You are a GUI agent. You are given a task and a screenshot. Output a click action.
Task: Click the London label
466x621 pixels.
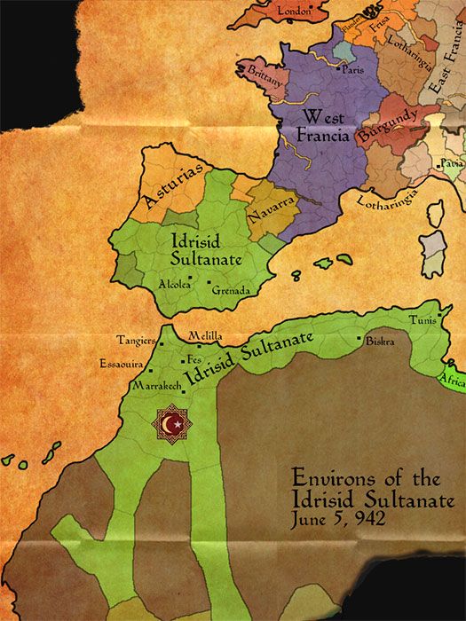[x=295, y=12]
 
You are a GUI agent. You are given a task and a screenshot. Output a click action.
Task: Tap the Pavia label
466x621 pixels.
[x=453, y=164]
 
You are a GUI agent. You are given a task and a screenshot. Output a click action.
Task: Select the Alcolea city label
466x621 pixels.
[x=172, y=285]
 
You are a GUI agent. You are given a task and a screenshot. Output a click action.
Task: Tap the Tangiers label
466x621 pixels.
[x=135, y=340]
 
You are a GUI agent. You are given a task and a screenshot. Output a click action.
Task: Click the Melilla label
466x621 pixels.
[x=205, y=337]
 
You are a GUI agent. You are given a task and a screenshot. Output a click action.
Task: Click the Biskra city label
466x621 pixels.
[x=379, y=341]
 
